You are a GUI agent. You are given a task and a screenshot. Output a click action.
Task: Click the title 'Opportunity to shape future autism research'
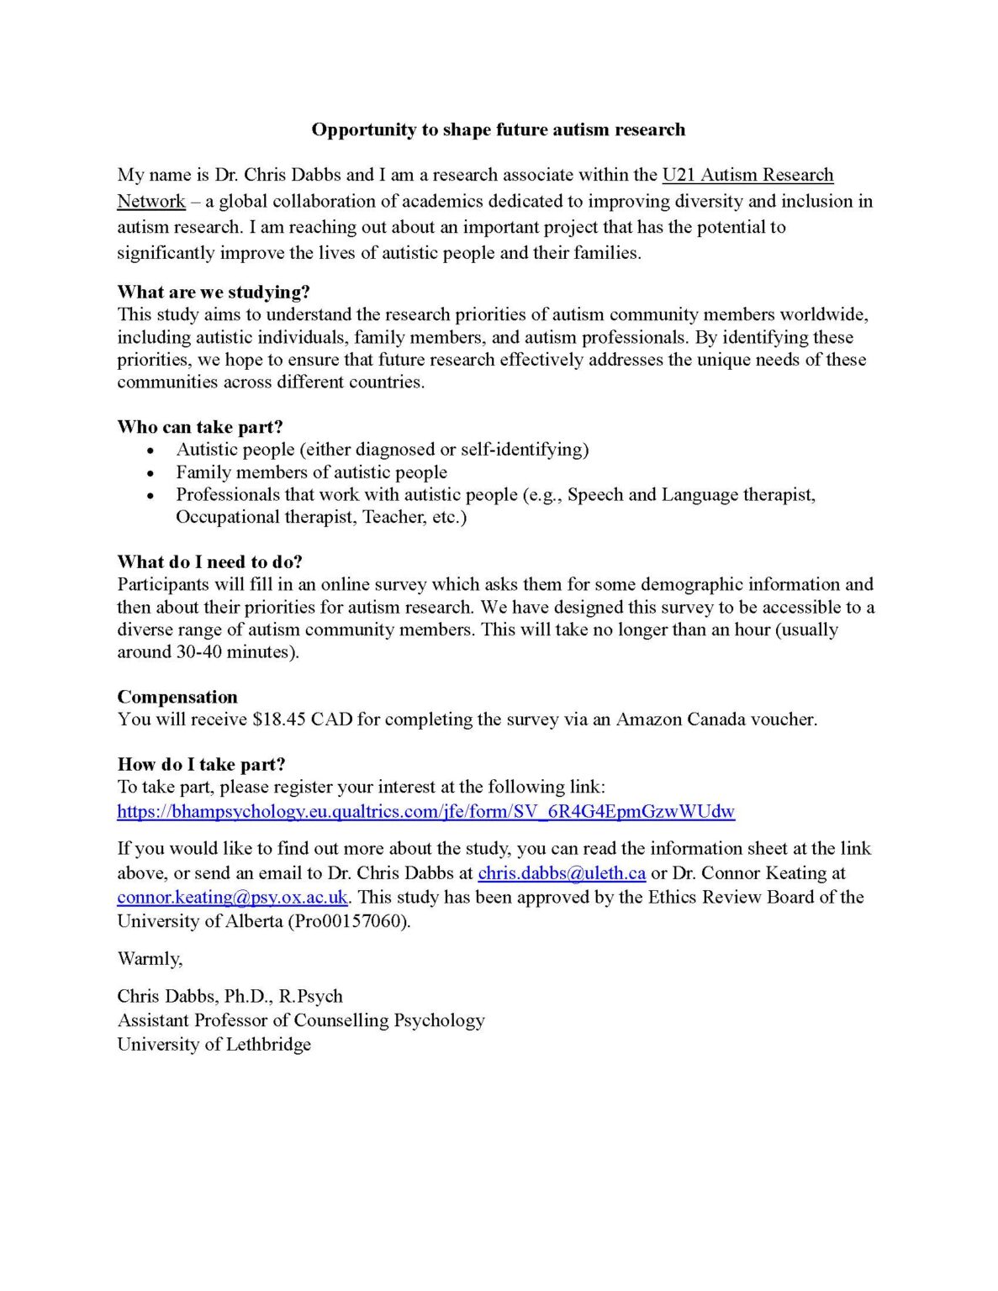coord(498,129)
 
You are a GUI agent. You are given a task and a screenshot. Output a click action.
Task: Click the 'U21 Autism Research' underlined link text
coord(747,175)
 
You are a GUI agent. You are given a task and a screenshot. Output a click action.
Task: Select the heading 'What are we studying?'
coord(214,292)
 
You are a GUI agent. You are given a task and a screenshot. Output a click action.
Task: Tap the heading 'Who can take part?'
coord(200,427)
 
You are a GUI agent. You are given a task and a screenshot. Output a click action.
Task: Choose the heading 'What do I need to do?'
coord(209,561)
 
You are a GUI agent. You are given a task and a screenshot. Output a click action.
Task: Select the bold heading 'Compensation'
coord(177,697)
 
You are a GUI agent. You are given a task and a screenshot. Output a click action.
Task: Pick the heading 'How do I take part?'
coord(201,764)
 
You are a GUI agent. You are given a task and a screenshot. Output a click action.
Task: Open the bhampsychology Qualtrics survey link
coord(425,812)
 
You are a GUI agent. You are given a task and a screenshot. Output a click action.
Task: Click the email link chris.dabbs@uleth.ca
coord(562,873)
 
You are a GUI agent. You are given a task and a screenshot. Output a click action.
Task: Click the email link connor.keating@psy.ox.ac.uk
coord(232,898)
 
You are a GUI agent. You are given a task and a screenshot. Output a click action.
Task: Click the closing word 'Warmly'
coord(148,959)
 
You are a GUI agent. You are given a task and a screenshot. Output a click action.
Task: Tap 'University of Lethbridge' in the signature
coord(214,1045)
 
